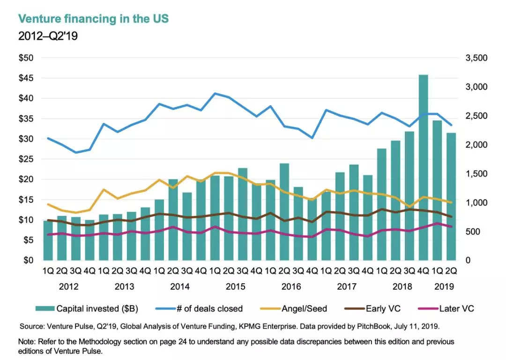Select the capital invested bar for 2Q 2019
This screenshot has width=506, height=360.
[x=451, y=197]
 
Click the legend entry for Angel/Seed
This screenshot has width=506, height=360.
[x=304, y=309]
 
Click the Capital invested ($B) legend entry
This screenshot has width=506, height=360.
[x=96, y=309]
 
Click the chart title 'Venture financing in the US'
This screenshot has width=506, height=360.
[x=93, y=19]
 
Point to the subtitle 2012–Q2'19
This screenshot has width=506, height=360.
[x=48, y=36]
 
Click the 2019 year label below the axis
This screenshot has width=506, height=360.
[x=444, y=287]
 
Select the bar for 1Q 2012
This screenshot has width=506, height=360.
[x=48, y=240]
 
